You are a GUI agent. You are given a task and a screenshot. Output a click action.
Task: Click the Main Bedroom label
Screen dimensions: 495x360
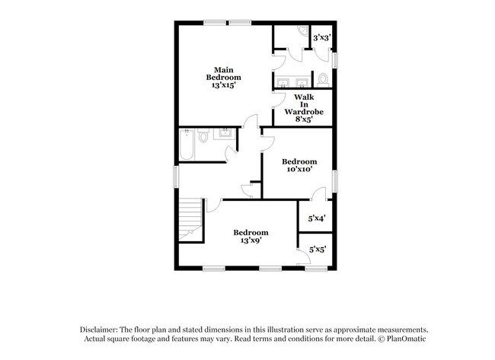(x=223, y=74)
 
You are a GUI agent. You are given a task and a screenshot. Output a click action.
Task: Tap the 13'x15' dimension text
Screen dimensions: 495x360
(x=224, y=85)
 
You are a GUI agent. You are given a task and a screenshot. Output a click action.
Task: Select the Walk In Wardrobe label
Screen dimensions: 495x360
(x=304, y=104)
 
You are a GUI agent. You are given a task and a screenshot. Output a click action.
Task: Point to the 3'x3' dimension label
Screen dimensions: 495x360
(x=321, y=38)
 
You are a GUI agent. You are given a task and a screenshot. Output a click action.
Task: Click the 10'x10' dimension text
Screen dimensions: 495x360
(x=299, y=169)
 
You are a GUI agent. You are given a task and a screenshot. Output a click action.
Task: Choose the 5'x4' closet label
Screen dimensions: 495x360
(x=317, y=218)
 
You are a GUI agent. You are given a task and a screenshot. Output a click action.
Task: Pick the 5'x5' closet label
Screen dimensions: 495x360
(x=318, y=250)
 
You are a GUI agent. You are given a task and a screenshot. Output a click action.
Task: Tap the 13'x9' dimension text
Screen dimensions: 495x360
(x=251, y=241)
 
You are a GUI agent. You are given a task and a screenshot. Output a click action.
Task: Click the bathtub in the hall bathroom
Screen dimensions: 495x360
(x=187, y=144)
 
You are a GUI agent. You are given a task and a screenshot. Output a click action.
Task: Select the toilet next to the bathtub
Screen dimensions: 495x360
(x=203, y=135)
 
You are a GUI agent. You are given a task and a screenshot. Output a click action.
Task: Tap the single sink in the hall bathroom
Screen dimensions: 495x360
(x=225, y=134)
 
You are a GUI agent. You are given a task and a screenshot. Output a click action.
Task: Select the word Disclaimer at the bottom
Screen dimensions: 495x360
(x=99, y=330)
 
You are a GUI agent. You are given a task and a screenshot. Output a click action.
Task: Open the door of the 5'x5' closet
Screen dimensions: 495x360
(x=304, y=256)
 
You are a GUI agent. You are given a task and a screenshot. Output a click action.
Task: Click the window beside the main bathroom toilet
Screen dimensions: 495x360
(x=335, y=60)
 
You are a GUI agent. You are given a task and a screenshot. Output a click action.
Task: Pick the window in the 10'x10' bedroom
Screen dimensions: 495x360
(x=335, y=180)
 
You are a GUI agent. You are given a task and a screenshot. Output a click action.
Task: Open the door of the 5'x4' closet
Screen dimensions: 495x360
(x=318, y=194)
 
